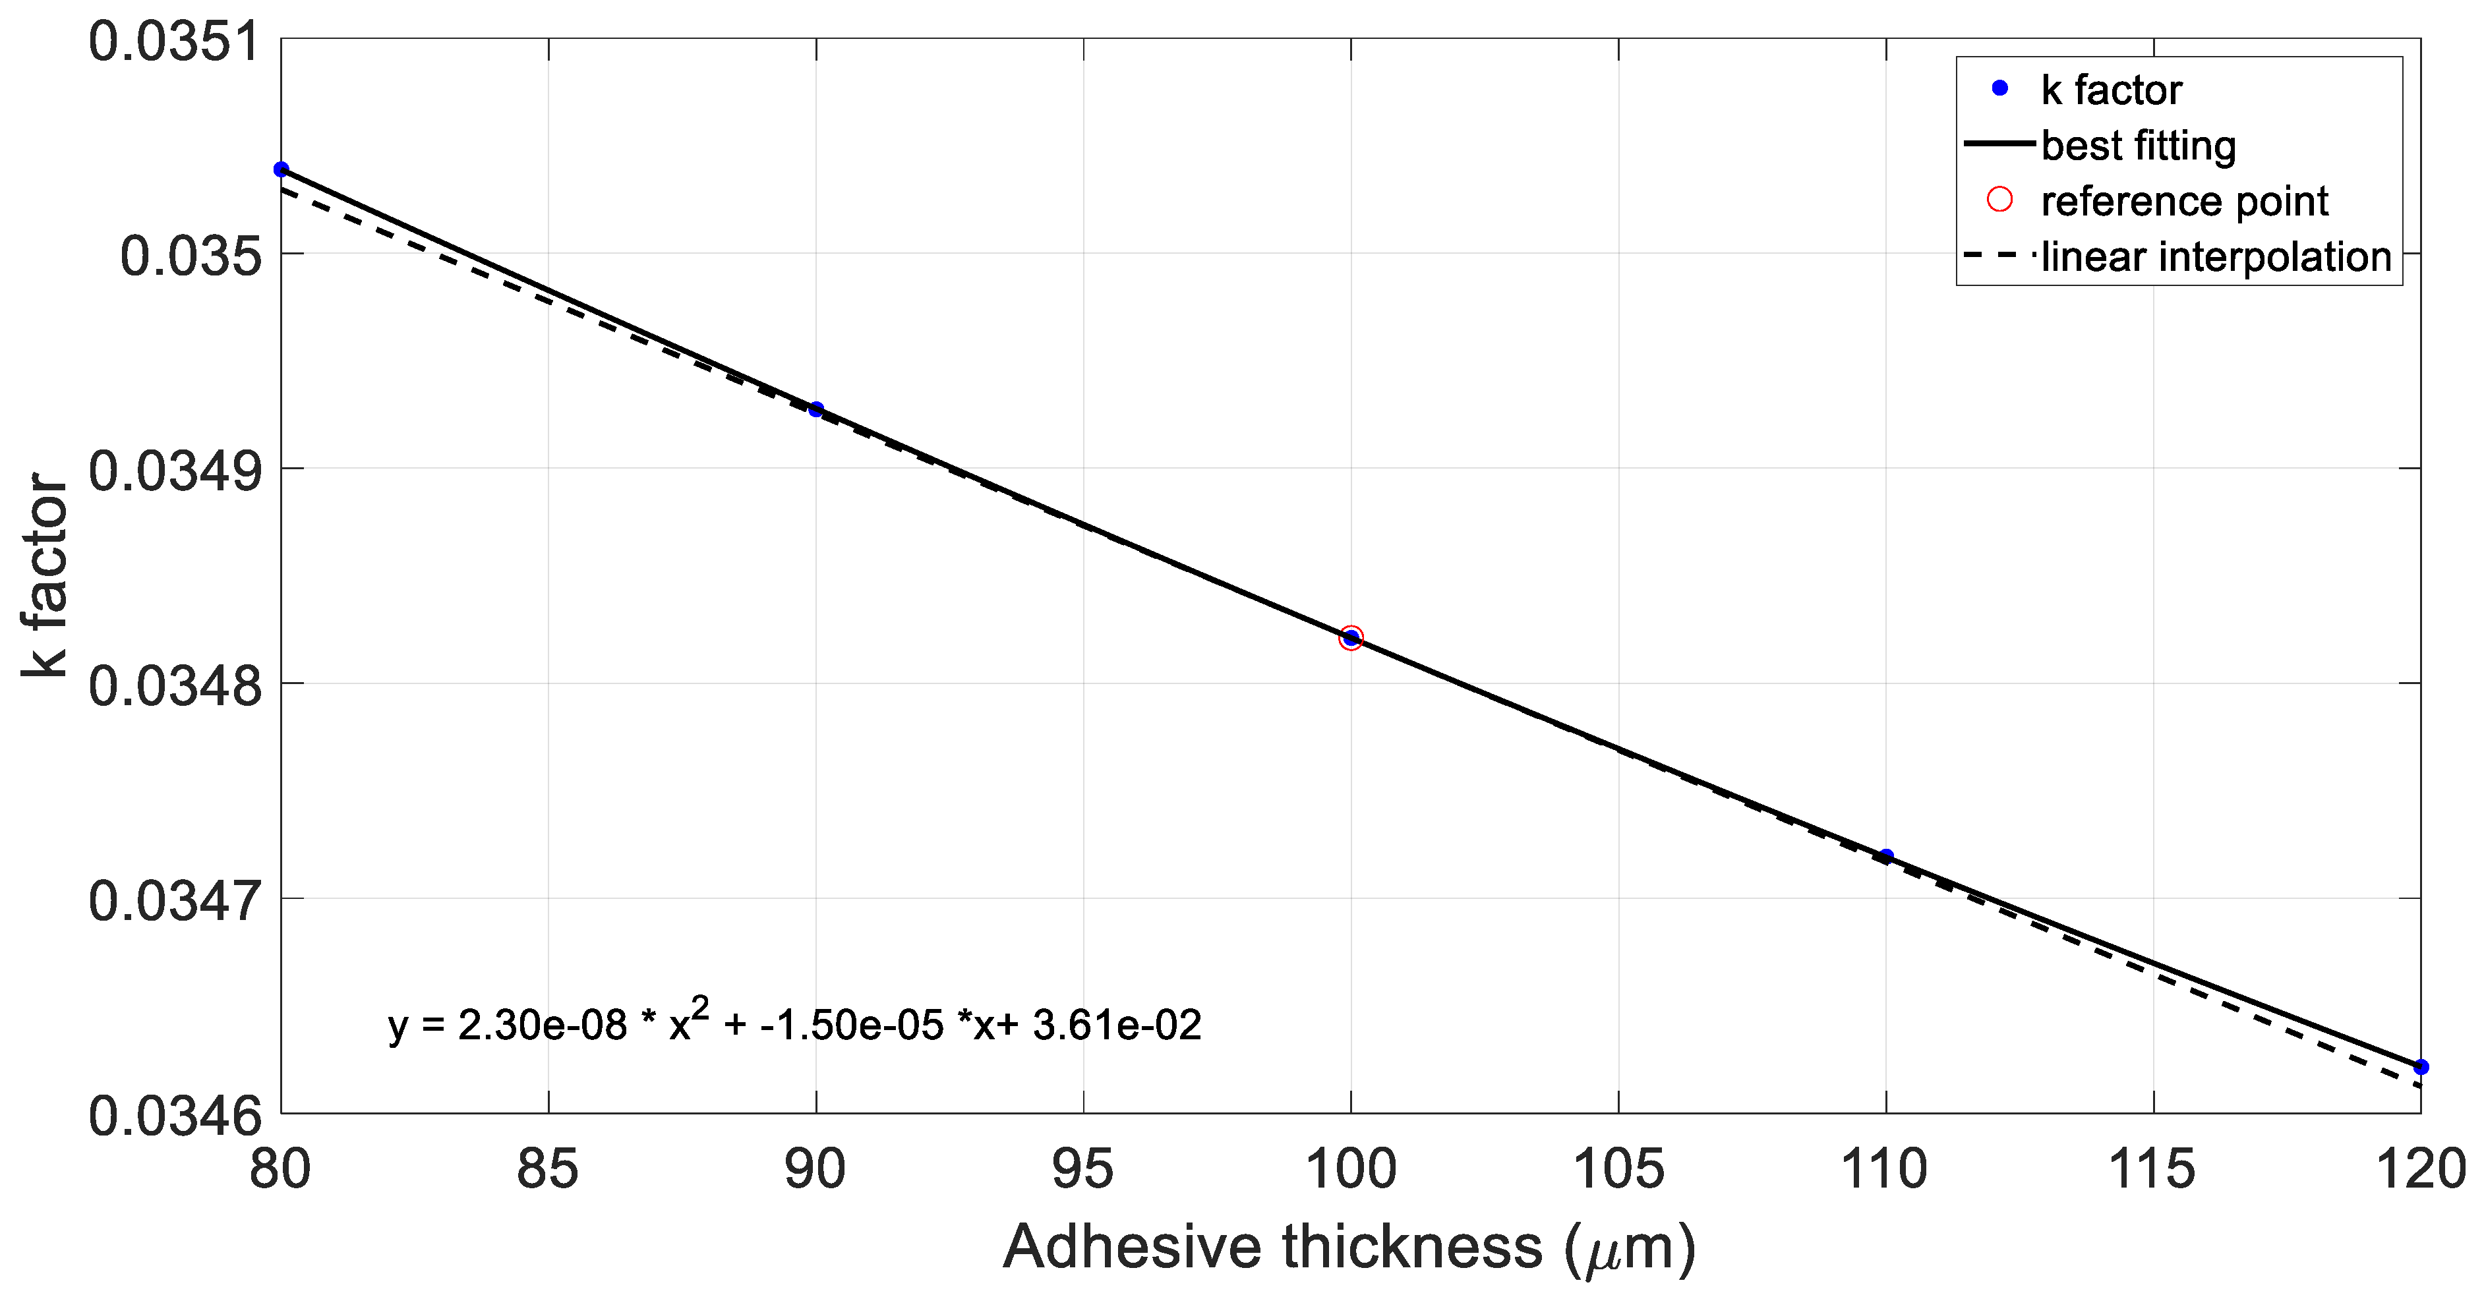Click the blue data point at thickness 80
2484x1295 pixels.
coord(281,170)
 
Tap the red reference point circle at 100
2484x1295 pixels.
coord(1351,637)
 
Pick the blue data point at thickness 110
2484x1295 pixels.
coord(1886,856)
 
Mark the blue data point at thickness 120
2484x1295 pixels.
coord(2420,1066)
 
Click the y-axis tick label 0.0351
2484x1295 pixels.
coord(175,42)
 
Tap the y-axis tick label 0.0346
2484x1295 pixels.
coord(175,1116)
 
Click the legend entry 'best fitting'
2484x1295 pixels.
coord(2138,146)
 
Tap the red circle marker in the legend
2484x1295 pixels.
coord(2000,200)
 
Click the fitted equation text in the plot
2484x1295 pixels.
coord(794,1024)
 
